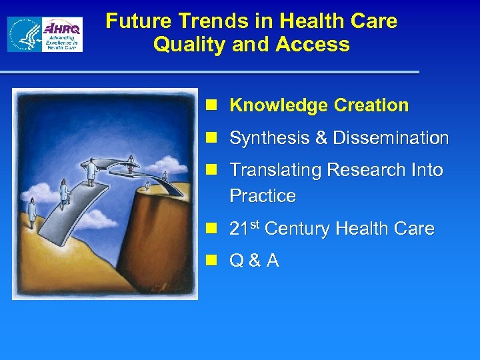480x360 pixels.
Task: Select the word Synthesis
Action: coord(269,138)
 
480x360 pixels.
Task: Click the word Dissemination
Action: coord(391,138)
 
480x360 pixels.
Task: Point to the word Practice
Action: coord(262,196)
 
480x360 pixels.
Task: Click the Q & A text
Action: coord(254,261)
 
